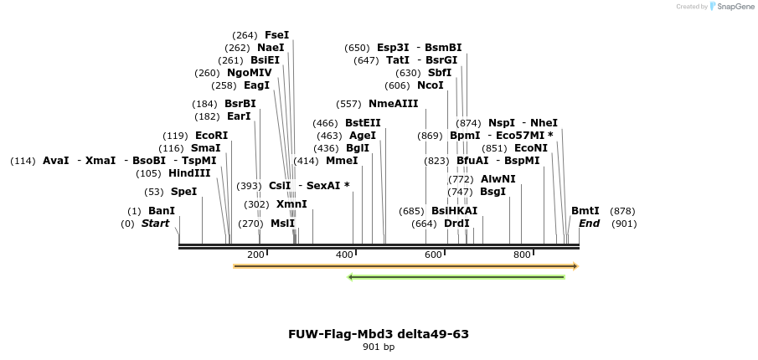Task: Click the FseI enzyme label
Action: pos(276,35)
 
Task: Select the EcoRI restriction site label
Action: pos(211,135)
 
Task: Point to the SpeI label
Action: pos(183,192)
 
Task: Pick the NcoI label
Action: pos(430,85)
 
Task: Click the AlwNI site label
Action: pos(498,179)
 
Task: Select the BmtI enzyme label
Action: pos(585,211)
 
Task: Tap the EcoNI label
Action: pos(531,148)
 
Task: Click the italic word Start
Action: pos(155,224)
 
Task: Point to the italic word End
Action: pos(589,224)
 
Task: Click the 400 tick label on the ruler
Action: pos(343,255)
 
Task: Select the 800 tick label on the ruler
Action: pos(521,255)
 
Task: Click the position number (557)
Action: pos(348,104)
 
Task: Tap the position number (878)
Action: pos(622,211)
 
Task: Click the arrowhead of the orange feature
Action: pos(575,266)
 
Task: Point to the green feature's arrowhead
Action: pos(352,277)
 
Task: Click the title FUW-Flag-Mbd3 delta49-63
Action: pos(379,334)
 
